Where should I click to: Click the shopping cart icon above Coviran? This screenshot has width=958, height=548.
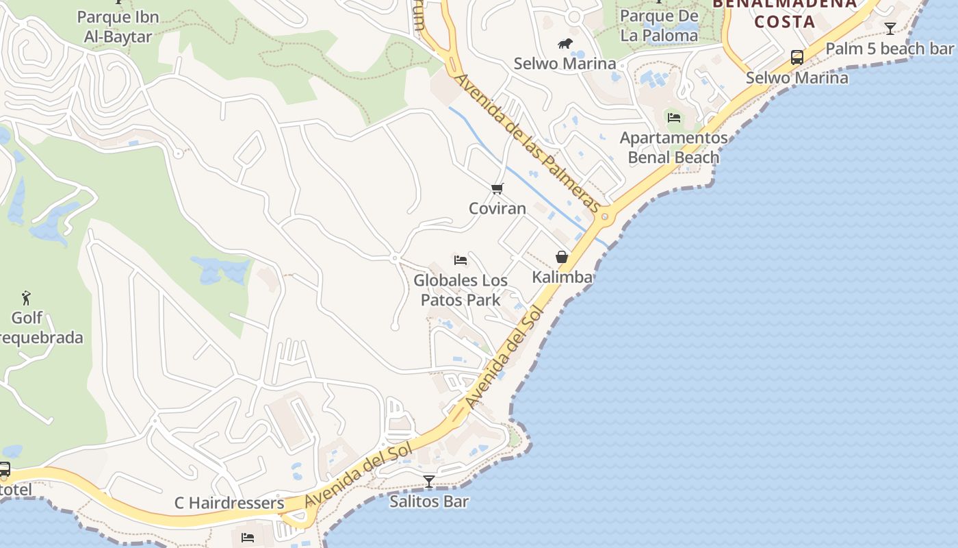point(497,188)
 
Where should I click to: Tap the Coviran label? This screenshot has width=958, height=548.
point(497,208)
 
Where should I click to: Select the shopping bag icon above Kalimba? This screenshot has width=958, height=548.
point(562,257)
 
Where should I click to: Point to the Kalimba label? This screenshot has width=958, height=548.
point(562,277)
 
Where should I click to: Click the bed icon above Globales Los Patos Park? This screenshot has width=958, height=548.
point(461,260)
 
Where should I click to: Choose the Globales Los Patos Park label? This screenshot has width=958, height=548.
point(461,290)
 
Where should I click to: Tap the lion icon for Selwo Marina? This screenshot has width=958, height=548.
point(565,44)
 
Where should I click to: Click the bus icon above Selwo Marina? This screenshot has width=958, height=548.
point(797,58)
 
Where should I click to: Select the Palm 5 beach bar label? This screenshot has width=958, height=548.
point(890,49)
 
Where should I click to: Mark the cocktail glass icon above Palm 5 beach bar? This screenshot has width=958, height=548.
point(890,29)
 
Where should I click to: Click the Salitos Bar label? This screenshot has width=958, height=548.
point(429,501)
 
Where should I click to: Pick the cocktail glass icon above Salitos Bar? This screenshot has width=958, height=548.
point(429,482)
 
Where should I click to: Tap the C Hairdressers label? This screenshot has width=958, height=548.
point(229,503)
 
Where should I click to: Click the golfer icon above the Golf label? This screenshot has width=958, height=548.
point(26,298)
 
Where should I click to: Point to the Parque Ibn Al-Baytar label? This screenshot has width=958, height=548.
point(118,27)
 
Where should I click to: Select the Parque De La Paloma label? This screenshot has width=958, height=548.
point(660,25)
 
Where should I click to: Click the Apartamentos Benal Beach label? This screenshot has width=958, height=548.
point(674,147)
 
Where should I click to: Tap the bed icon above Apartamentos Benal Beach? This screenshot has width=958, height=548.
point(674,118)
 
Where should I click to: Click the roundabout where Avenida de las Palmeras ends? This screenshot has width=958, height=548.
point(605,217)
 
